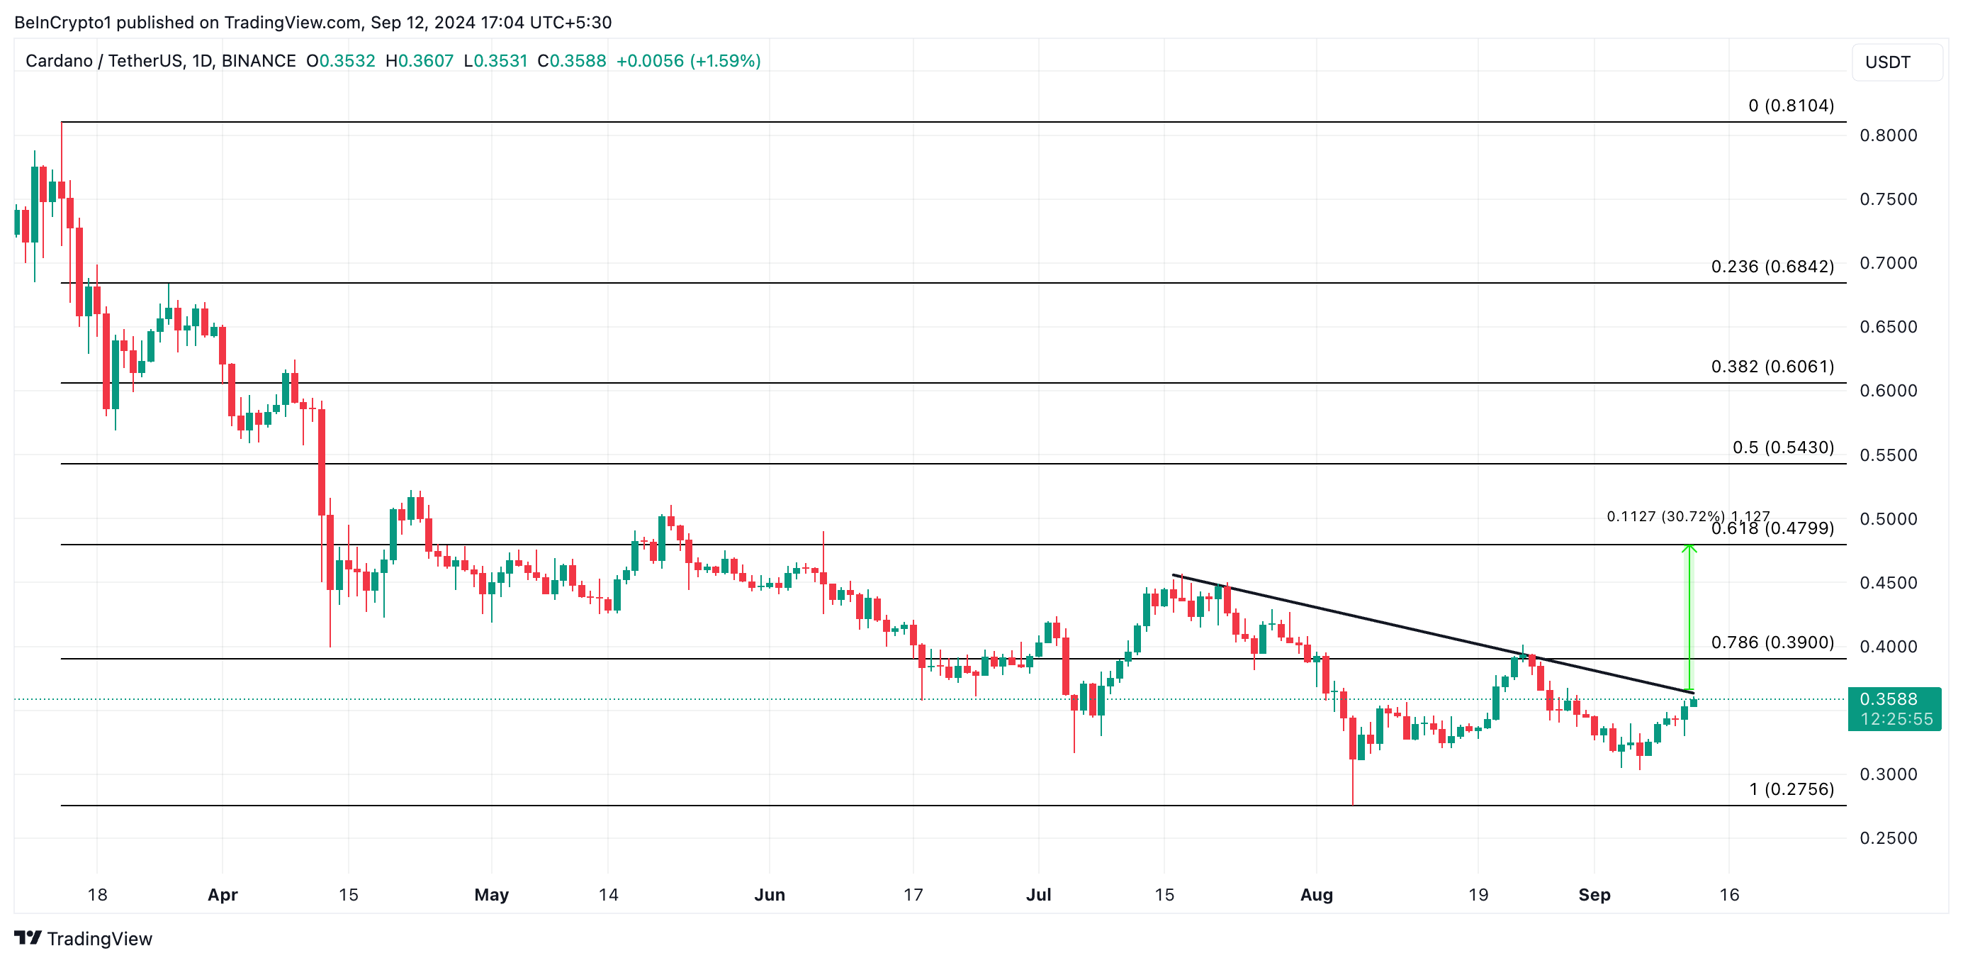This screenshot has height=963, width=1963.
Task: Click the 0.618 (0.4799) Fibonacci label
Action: click(x=1772, y=528)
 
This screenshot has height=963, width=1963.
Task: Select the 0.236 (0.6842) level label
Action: click(x=1772, y=266)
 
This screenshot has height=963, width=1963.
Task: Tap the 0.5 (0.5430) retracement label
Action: click(x=1783, y=447)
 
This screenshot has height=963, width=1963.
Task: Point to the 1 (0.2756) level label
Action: click(x=1792, y=789)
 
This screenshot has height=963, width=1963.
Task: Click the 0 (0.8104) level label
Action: click(x=1791, y=105)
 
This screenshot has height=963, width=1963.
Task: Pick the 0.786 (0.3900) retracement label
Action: click(x=1772, y=642)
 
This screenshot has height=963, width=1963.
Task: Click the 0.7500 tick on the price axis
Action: click(x=1889, y=199)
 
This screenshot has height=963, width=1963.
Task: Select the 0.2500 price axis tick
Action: click(x=1889, y=838)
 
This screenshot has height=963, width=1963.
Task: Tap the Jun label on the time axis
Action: click(x=769, y=894)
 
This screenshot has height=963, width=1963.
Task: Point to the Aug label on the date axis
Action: click(x=1316, y=894)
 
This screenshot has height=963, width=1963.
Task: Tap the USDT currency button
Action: click(x=1888, y=62)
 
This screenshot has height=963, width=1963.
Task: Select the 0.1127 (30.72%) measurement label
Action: click(x=1665, y=516)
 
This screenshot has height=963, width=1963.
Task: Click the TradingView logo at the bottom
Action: click(x=83, y=939)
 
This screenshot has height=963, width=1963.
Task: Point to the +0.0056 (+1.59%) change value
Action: click(x=688, y=61)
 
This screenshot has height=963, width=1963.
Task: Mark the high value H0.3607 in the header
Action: click(x=419, y=61)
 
